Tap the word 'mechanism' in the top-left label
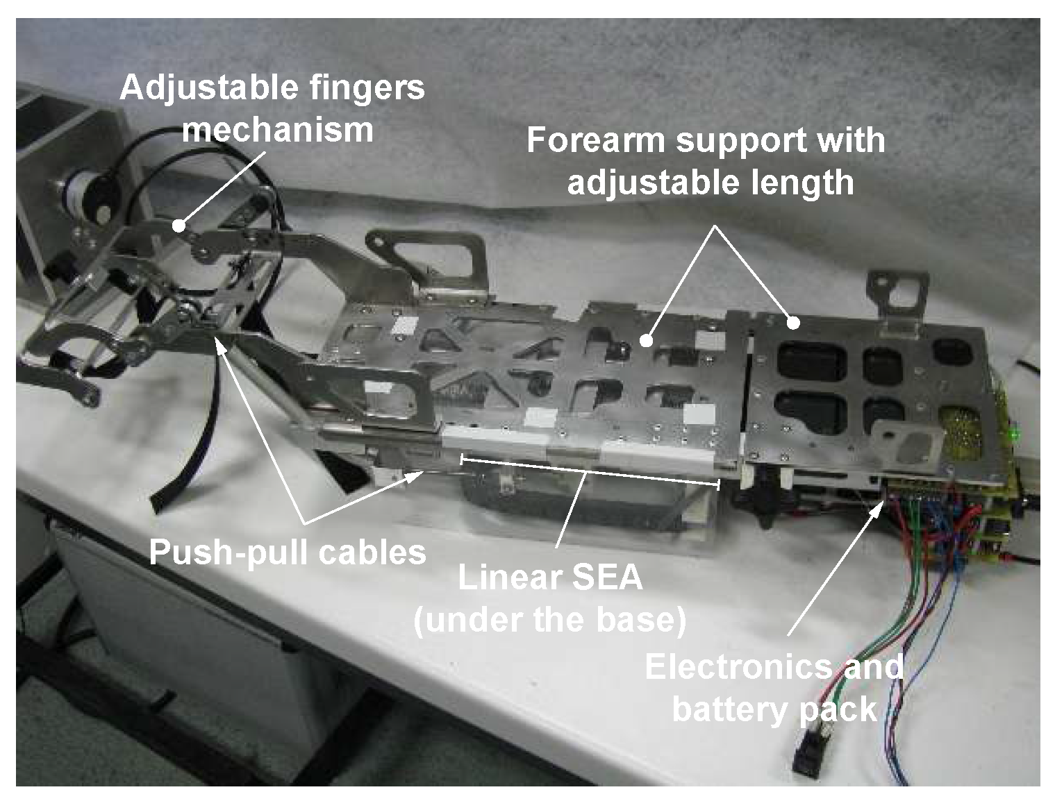(x=278, y=130)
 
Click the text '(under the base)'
(x=549, y=620)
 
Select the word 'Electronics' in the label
(x=736, y=668)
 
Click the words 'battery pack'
(x=774, y=709)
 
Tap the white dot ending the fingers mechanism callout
(x=179, y=225)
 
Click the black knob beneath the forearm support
(x=761, y=500)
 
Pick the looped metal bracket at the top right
(x=900, y=292)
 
